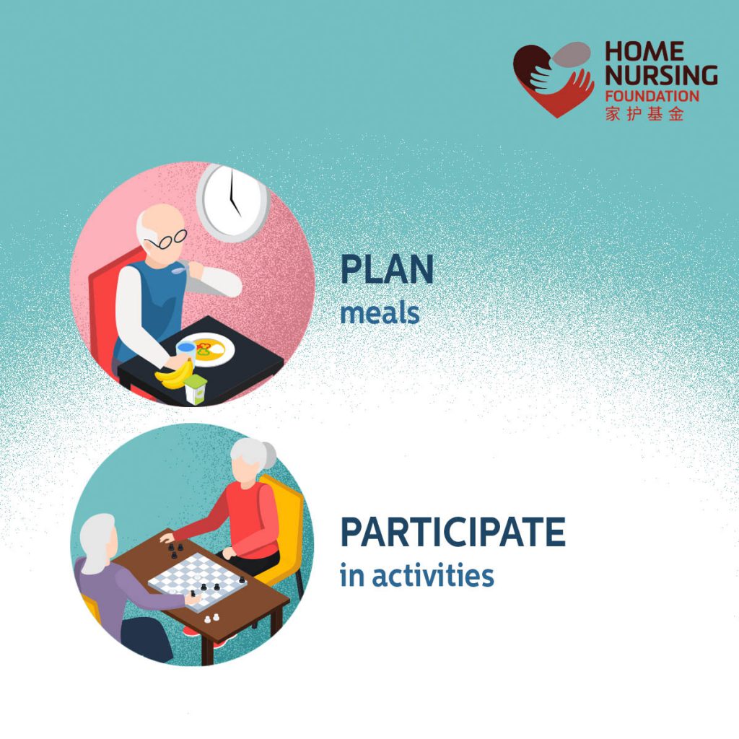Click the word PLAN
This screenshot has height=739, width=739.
pyautogui.click(x=387, y=270)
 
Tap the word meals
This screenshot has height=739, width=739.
pyautogui.click(x=380, y=312)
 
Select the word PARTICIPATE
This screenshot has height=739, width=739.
pyautogui.click(x=452, y=533)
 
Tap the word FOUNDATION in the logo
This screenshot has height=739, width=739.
pyautogui.click(x=652, y=95)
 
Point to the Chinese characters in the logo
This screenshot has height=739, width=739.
pyautogui.click(x=644, y=113)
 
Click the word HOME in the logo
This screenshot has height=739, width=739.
pyautogui.click(x=644, y=52)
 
